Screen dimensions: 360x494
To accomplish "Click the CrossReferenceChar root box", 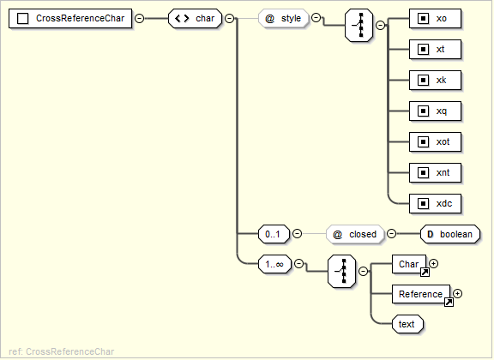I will point(70,18).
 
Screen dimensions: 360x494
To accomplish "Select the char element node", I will point(195,18).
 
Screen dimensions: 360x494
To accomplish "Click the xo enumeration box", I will point(435,18).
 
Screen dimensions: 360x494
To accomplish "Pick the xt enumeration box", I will point(435,49).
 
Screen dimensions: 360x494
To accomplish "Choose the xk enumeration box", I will point(435,80).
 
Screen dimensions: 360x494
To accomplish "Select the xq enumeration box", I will point(435,111).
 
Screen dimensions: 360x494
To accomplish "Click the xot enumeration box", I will point(435,141).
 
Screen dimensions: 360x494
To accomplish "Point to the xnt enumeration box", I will point(435,172).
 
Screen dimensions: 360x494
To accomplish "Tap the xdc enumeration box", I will point(435,203).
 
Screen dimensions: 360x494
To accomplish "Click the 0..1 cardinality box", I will point(274,233).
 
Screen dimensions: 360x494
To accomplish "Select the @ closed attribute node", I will point(355,233).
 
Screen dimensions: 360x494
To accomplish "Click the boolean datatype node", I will point(451,233).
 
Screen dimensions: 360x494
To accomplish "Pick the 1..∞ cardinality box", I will point(274,264).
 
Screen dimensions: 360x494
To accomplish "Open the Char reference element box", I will point(409,264).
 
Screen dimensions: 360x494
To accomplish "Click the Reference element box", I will point(421,294).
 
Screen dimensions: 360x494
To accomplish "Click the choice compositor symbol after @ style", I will point(360,26).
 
